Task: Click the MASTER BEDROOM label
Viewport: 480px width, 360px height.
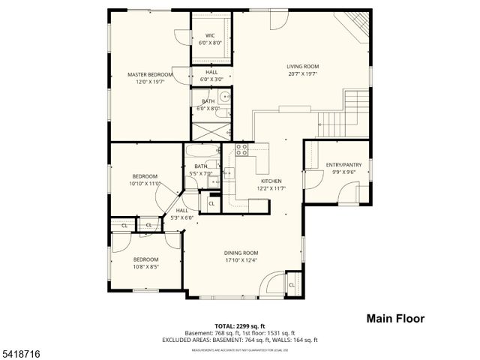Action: click(150, 75)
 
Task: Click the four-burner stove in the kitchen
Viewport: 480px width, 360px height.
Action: click(241, 148)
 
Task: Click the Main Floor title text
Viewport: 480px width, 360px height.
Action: click(395, 319)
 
